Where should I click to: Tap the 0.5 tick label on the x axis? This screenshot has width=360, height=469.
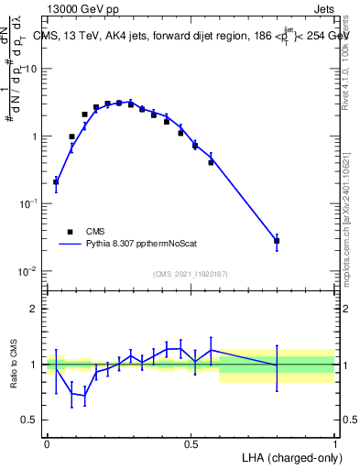pyautogui.click(x=191, y=444)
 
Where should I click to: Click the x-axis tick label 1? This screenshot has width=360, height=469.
pyautogui.click(x=334, y=444)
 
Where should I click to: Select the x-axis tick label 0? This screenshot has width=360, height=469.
pyautogui.click(x=47, y=444)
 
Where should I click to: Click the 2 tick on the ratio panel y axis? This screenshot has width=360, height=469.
pyautogui.click(x=34, y=309)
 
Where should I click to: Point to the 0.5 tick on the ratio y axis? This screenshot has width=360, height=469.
pyautogui.click(x=29, y=420)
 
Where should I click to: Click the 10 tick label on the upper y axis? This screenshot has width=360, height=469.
pyautogui.click(x=30, y=70)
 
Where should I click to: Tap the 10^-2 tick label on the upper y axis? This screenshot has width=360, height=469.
pyautogui.click(x=28, y=271)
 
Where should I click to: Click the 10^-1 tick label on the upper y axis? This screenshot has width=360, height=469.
pyautogui.click(x=28, y=204)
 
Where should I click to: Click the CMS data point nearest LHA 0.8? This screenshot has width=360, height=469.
pyautogui.click(x=277, y=241)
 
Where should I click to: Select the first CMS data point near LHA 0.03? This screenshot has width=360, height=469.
pyautogui.click(x=56, y=181)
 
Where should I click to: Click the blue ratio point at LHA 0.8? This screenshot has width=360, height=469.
pyautogui.click(x=277, y=365)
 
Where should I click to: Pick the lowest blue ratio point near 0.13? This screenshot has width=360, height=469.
pyautogui.click(x=84, y=396)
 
